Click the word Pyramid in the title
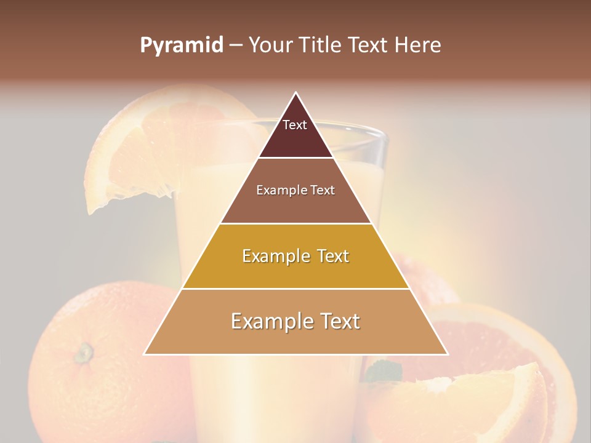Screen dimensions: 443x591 [x=181, y=46]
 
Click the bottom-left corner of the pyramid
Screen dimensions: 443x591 [x=145, y=354]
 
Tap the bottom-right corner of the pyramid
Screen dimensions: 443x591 [x=446, y=354]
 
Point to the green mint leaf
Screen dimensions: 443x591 [x=383, y=371]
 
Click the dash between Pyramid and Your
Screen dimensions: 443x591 [x=235, y=46]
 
